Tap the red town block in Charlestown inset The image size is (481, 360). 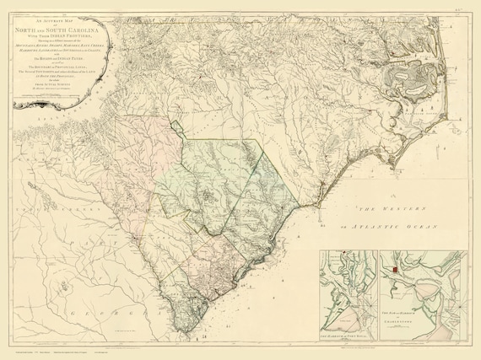pos(394,269)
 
